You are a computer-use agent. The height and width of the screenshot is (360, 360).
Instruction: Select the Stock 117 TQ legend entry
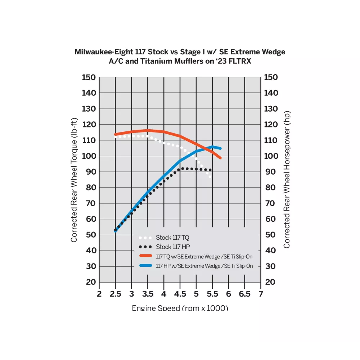(172, 238)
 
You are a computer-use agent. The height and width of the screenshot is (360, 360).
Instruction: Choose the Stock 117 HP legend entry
(172, 247)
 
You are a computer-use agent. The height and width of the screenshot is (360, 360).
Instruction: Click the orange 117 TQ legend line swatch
(145, 256)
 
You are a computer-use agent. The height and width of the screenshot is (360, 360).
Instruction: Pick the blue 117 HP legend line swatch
(145, 266)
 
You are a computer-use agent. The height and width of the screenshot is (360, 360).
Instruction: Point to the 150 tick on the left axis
(89, 77)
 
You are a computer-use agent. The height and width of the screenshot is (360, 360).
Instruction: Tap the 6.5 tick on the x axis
(244, 294)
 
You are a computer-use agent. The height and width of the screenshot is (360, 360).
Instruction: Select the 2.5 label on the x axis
(115, 294)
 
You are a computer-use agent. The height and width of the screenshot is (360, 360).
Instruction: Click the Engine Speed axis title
(180, 308)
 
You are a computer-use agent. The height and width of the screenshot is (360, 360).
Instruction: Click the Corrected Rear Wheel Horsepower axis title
(287, 179)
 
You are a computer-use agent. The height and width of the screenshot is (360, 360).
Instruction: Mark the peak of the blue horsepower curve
(212, 147)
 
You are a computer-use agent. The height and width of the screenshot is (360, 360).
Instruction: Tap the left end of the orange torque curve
(115, 134)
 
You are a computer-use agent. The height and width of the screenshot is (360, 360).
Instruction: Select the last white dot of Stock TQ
(210, 177)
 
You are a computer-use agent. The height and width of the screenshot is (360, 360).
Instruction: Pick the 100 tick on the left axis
(89, 156)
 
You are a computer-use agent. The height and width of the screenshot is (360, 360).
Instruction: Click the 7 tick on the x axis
(260, 294)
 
